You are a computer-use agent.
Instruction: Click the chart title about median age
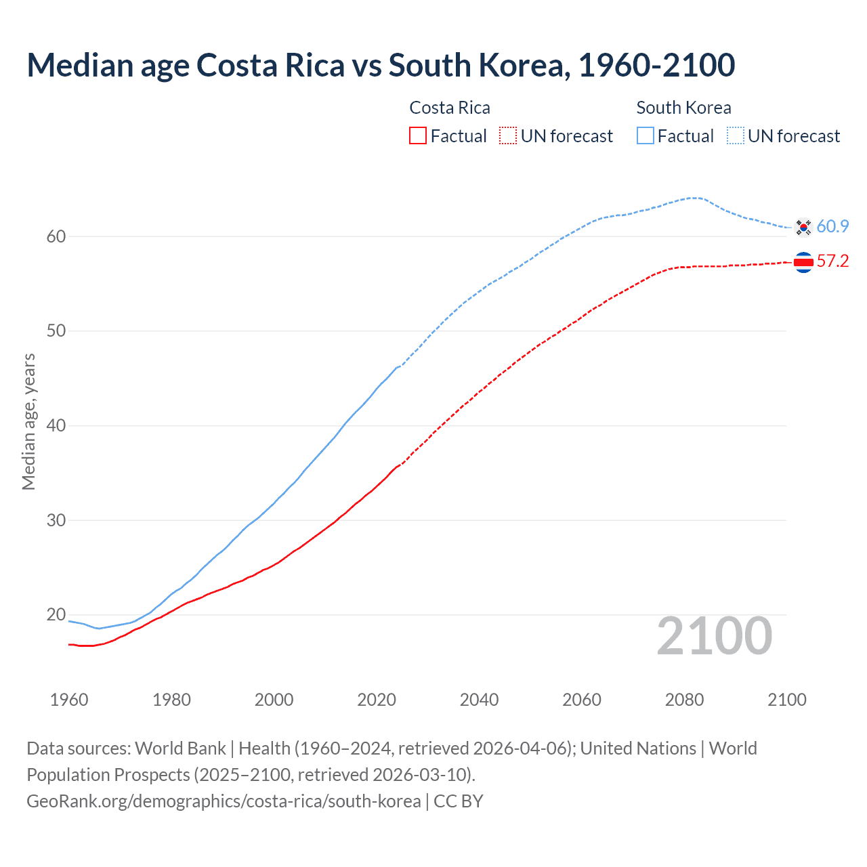pos(381,65)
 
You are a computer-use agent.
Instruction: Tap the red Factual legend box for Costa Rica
pos(418,136)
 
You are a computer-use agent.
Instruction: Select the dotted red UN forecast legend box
pos(508,136)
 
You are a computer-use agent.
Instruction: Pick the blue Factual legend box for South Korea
pos(646,136)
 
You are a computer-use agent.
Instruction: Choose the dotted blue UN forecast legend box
pos(736,136)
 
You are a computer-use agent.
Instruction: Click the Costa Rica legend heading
pos(450,108)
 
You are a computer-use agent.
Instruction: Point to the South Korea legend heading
pos(683,108)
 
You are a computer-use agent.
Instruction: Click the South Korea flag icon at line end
pos(803,227)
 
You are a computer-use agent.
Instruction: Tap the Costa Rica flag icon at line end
pos(803,262)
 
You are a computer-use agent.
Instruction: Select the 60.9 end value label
pos(832,226)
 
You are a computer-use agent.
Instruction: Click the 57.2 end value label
pos(832,261)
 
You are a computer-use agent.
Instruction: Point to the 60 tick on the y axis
pos(56,236)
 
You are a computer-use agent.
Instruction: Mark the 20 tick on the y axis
pos(56,615)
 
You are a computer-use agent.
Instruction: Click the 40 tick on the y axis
pos(56,425)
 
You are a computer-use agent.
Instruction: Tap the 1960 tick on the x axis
pos(69,700)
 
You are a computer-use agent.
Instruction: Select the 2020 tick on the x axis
pos(377,700)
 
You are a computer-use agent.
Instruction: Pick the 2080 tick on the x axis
pos(684,700)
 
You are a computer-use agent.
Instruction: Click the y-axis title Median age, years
pos(28,421)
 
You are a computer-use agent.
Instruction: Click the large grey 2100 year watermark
pos(715,636)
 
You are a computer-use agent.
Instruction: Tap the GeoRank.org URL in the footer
pos(224,801)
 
